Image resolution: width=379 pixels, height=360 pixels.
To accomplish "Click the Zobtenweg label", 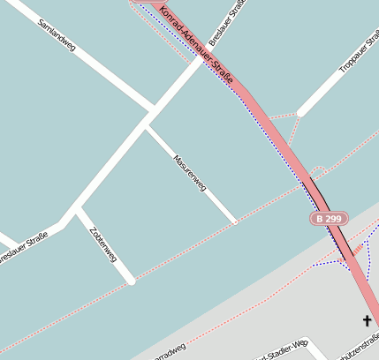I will pos(103,244).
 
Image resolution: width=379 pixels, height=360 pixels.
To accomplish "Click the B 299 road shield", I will pos(328,218).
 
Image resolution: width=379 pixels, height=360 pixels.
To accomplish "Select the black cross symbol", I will pos(367,320).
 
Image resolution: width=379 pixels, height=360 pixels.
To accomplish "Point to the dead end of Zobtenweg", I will pos(132,281).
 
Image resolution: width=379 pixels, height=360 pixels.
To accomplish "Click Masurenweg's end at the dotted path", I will pos(235,222).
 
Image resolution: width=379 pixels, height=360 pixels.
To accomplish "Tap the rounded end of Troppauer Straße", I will pos(300,112).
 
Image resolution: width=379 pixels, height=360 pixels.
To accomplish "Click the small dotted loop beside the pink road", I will pos(319,169).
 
